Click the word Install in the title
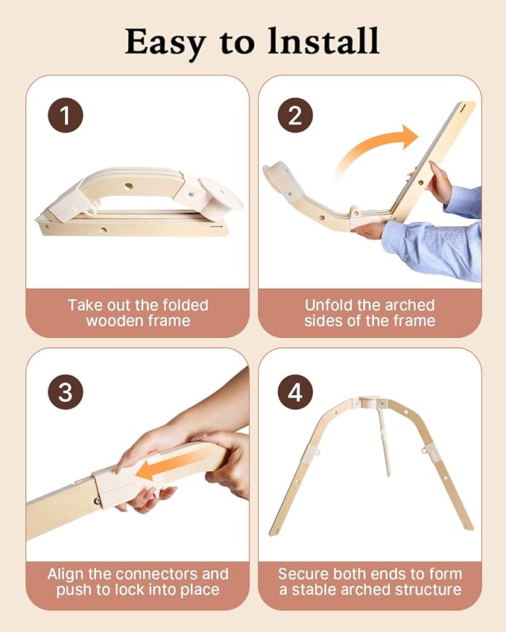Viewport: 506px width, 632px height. [x=323, y=41]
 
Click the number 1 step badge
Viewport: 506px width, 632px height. [x=66, y=115]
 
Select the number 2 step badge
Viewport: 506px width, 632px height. [x=295, y=115]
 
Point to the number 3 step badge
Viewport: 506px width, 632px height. [x=66, y=392]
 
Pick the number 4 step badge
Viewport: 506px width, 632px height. [x=295, y=392]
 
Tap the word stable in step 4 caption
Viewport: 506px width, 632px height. [x=312, y=590]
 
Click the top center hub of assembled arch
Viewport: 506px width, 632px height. [x=370, y=401]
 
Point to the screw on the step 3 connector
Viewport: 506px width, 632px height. [x=97, y=501]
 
